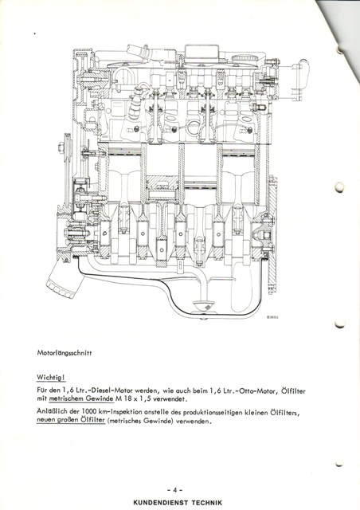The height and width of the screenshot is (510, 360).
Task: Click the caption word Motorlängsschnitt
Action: (64, 353)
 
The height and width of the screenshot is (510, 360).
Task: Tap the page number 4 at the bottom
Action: (174, 490)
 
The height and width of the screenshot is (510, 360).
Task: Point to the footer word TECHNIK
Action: (206, 503)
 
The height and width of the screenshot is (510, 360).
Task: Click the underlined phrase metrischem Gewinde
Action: (81, 398)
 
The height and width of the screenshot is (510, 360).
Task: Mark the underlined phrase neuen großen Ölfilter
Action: (71, 420)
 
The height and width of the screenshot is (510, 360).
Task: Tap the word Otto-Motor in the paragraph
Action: (256, 390)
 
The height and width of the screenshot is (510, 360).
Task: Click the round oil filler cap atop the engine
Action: (246, 59)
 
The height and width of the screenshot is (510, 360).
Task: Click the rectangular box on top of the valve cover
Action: (202, 53)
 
